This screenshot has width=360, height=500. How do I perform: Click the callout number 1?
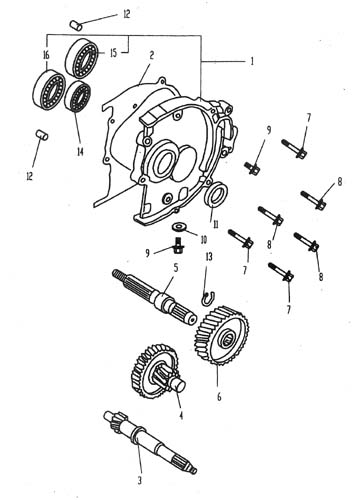(x=252, y=61)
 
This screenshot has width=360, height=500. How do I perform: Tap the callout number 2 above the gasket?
(x=152, y=55)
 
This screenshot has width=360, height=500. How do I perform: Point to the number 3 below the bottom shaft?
(x=140, y=480)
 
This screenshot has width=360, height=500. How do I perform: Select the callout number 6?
(x=219, y=397)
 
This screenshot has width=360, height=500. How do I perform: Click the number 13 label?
(x=209, y=257)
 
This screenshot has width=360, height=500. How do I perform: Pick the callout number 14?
(x=80, y=152)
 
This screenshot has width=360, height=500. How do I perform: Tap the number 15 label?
(x=114, y=53)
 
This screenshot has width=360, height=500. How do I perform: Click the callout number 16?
(x=46, y=55)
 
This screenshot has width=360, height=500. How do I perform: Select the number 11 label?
(x=216, y=225)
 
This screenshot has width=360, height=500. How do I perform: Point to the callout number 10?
(x=203, y=240)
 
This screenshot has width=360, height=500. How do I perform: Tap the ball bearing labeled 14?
(x=78, y=96)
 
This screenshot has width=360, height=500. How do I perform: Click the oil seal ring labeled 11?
(x=215, y=194)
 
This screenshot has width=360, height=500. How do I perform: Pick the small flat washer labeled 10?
(x=179, y=227)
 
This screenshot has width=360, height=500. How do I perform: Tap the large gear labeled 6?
(x=221, y=335)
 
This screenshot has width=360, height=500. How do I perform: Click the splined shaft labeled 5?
(x=154, y=296)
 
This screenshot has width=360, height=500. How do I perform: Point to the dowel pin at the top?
(x=75, y=26)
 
